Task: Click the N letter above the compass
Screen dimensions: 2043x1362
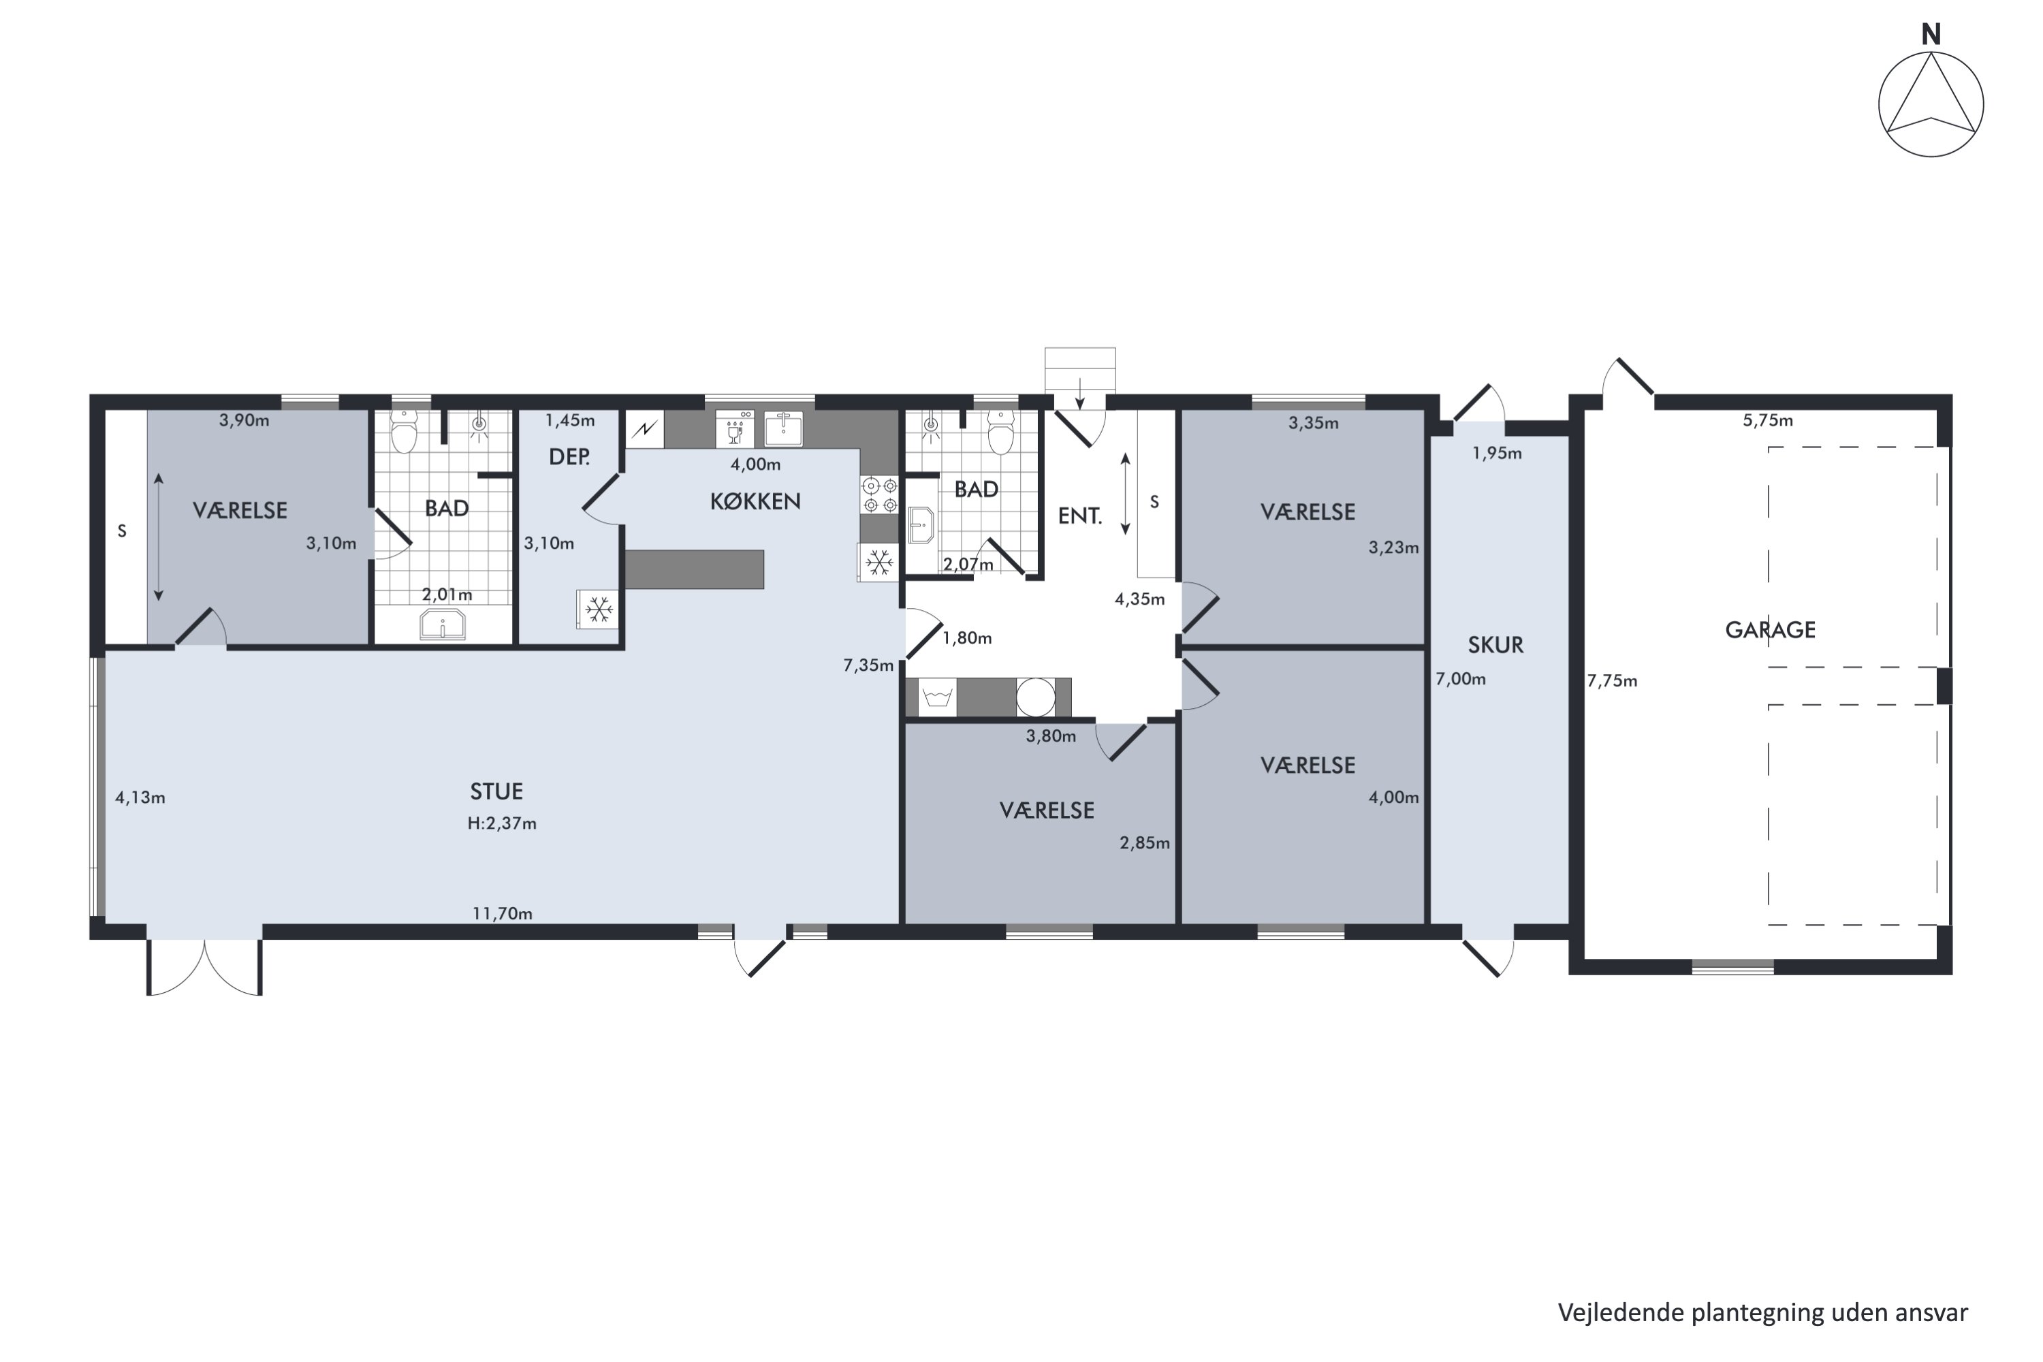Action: pyautogui.click(x=1930, y=34)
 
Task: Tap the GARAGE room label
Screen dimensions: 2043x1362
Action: pyautogui.click(x=1769, y=630)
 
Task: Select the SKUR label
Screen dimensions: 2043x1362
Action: pyautogui.click(x=1495, y=644)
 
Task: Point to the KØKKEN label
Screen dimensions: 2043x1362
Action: pyautogui.click(x=755, y=501)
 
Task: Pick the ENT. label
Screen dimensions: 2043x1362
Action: pyautogui.click(x=1079, y=516)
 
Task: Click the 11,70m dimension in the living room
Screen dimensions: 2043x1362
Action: pyautogui.click(x=502, y=914)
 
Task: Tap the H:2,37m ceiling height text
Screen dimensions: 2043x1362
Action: pyautogui.click(x=501, y=823)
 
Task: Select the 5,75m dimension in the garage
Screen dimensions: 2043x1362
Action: pyautogui.click(x=1768, y=420)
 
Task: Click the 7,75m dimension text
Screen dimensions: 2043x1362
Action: pyautogui.click(x=1612, y=681)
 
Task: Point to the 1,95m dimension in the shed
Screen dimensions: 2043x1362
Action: pyautogui.click(x=1497, y=453)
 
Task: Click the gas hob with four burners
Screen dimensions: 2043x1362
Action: pyautogui.click(x=879, y=494)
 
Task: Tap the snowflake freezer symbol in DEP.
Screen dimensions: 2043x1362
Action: pyautogui.click(x=599, y=609)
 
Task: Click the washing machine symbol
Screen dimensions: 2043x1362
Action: pyautogui.click(x=937, y=697)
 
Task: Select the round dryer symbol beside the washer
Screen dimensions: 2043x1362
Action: pyautogui.click(x=1035, y=697)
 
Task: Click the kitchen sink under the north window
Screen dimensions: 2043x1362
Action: pyautogui.click(x=782, y=428)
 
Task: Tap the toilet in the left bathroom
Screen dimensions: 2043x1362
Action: pyautogui.click(x=404, y=432)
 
